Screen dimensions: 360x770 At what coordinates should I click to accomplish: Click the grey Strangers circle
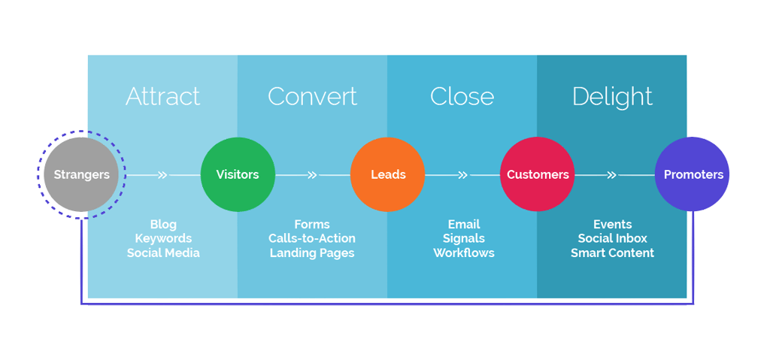(x=81, y=174)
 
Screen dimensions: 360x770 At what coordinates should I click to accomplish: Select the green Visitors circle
(x=238, y=174)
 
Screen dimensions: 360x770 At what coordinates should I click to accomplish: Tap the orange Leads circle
(x=388, y=174)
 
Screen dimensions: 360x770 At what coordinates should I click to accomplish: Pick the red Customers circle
(x=538, y=174)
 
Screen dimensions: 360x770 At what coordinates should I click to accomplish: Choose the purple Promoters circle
(x=693, y=174)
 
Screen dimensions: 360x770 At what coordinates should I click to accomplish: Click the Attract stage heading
(x=162, y=96)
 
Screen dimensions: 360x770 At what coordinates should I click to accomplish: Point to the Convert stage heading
(x=312, y=96)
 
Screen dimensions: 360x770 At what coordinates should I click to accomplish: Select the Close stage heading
(x=462, y=96)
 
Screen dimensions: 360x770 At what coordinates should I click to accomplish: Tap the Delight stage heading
(x=612, y=96)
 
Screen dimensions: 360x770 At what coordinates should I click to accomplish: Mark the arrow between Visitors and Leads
(x=312, y=175)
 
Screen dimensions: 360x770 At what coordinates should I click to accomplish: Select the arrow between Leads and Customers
(x=462, y=175)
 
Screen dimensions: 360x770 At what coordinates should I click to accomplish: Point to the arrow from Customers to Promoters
(x=612, y=175)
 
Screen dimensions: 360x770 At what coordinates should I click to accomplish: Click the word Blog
(x=163, y=224)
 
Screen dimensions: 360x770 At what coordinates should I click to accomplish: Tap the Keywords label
(x=163, y=238)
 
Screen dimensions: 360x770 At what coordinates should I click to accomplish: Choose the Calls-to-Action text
(x=312, y=238)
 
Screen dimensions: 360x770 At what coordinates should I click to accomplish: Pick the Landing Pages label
(x=312, y=253)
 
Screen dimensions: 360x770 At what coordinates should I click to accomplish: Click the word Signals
(x=464, y=238)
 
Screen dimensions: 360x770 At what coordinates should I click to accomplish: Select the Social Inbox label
(x=612, y=238)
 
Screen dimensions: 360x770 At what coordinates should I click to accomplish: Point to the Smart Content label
(x=612, y=253)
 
